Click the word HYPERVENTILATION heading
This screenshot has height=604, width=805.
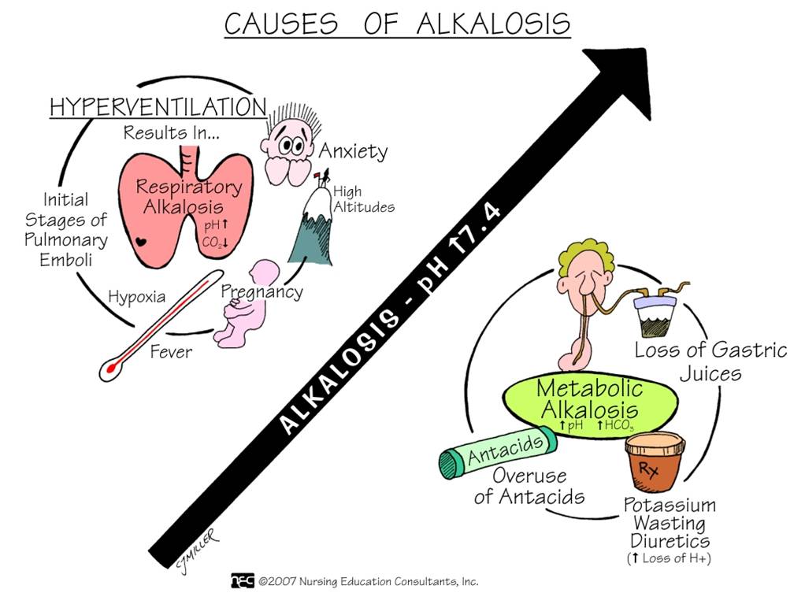tap(158, 107)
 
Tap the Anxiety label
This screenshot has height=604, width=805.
tap(353, 151)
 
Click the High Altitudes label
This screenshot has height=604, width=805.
tap(363, 199)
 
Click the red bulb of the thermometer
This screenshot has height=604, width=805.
tap(111, 368)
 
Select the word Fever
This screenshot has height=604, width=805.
tap(171, 352)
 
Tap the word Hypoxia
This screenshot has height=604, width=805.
tap(136, 297)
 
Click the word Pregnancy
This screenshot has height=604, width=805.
tap(262, 292)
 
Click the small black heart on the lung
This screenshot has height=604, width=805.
tap(139, 241)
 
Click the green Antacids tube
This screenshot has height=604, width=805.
tap(498, 451)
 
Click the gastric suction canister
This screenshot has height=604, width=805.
tap(656, 314)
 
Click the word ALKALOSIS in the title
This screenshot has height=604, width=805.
tap(493, 24)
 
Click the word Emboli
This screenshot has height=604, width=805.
tap(65, 260)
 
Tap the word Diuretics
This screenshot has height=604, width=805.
tap(670, 541)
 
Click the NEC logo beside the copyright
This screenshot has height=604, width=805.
tap(243, 580)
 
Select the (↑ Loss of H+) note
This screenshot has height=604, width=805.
tap(669, 558)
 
